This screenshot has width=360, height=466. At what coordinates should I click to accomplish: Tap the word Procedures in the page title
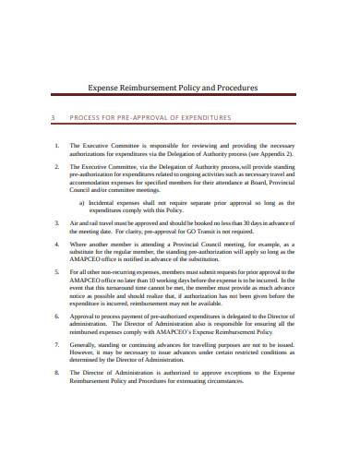pos(254,89)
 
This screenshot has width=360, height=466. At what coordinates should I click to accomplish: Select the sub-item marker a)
pos(81,202)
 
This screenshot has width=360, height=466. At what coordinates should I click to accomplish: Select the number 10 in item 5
pos(144,281)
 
